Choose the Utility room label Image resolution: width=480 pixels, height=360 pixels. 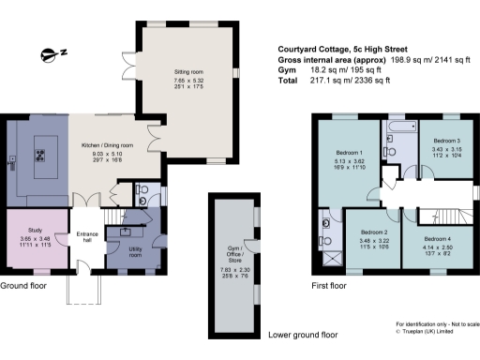(x=135, y=251)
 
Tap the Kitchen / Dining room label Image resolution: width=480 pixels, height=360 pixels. (x=108, y=146)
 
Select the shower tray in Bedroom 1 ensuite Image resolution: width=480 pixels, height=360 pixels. (x=329, y=256)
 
